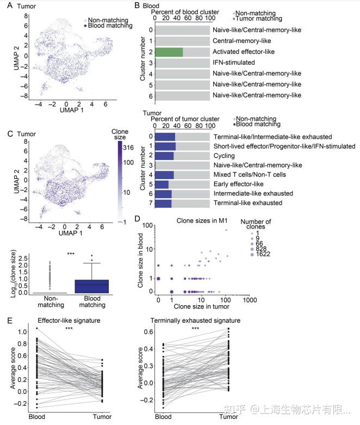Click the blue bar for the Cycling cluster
point(164,156)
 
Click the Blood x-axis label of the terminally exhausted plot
point(163,417)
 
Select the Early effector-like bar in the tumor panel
point(162,184)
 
